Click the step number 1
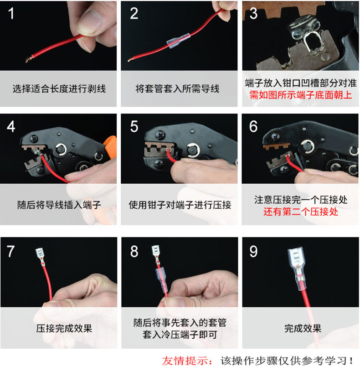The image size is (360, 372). [x=11, y=14]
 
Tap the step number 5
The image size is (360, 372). [x=134, y=126]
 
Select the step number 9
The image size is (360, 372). [x=253, y=251]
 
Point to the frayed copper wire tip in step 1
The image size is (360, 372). [x=29, y=59]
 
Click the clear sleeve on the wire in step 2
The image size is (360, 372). [x=178, y=41]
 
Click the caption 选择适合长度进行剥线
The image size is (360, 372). [x=59, y=89]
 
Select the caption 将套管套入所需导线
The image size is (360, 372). [x=177, y=89]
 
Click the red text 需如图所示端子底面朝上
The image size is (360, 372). [x=301, y=95]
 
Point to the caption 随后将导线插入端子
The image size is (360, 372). [x=59, y=205]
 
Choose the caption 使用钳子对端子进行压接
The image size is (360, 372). [x=180, y=205]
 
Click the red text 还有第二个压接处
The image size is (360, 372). [x=301, y=212]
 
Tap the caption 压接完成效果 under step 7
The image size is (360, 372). [x=64, y=329]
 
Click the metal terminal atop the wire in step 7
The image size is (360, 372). [x=40, y=256]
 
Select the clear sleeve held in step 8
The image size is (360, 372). [x=161, y=280]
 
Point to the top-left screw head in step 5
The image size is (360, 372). [x=161, y=134]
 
